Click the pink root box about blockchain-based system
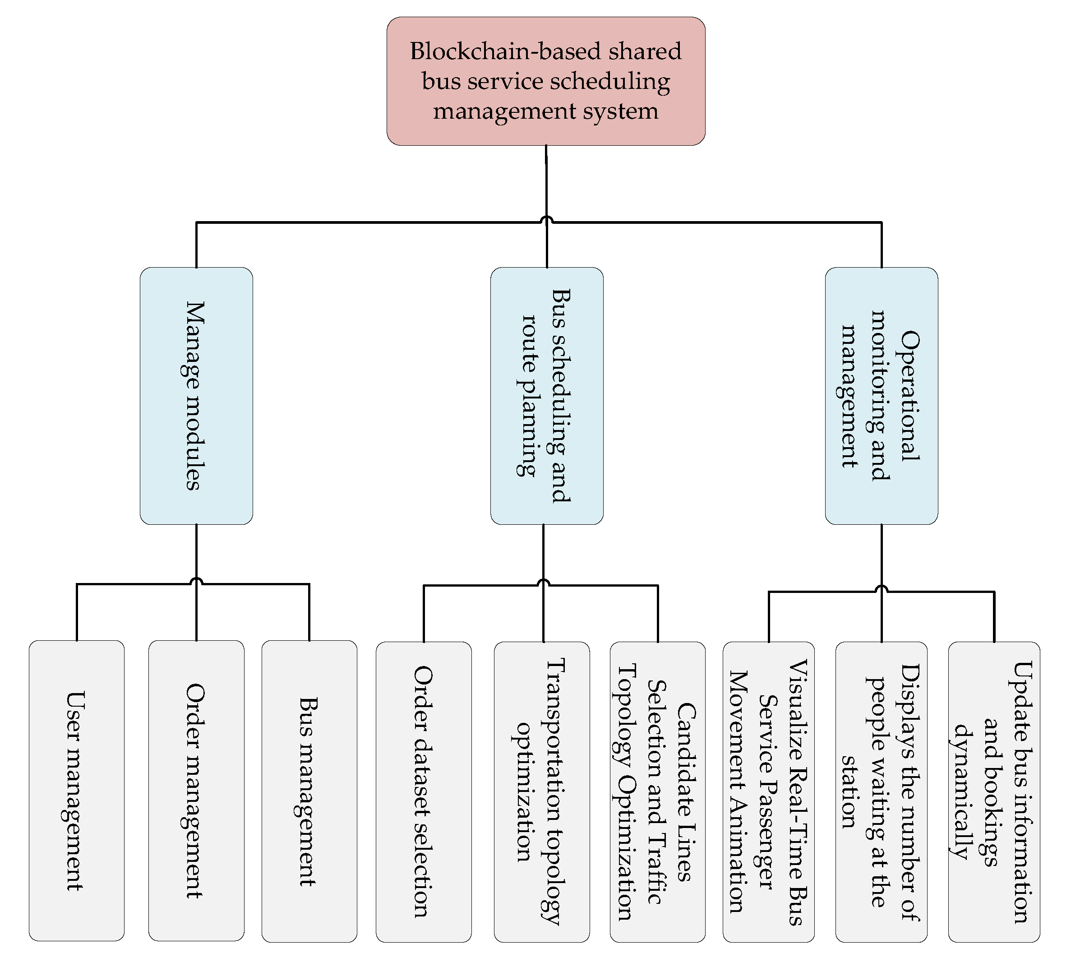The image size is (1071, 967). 545,81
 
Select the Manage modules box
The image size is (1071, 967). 196,396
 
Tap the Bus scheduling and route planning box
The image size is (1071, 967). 546,396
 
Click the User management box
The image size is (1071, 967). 77,791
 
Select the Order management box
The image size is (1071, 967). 196,791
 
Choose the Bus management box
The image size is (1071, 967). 309,791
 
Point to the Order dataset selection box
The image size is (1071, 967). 424,791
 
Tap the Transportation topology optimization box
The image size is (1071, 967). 541,791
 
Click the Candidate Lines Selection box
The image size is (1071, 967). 657,791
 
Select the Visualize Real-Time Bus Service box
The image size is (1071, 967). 768,791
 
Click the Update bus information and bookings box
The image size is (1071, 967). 993,791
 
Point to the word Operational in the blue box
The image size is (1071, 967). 910,396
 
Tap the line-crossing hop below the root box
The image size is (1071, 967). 546,219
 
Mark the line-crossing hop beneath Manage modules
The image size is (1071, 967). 197,581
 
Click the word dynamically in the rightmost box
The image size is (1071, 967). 960,791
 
